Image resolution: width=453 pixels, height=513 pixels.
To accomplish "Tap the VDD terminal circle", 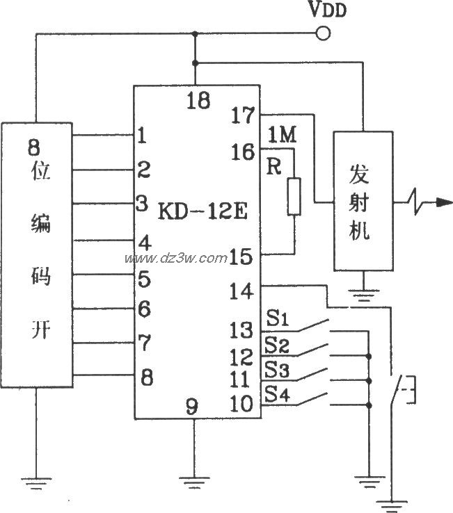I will pos(322,33).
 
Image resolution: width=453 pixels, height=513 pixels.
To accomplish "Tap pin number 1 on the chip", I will pos(143,136).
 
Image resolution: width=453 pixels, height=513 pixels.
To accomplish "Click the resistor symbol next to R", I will pos(294,197).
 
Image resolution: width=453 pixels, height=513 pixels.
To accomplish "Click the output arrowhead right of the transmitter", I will pos(440,202).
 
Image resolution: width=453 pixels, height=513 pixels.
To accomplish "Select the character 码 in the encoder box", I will pos(36,277).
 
